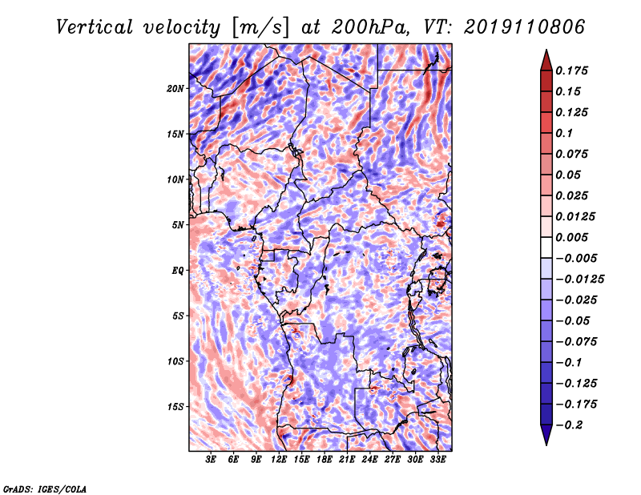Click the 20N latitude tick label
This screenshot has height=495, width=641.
click(175, 89)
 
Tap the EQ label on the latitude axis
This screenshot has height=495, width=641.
click(178, 271)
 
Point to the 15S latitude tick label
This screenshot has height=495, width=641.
click(175, 407)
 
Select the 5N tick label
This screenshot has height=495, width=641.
click(178, 225)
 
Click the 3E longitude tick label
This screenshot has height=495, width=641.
click(211, 459)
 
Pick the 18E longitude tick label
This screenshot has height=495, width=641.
click(325, 459)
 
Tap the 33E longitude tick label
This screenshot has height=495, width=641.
click(437, 459)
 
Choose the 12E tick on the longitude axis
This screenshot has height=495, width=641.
click(279, 459)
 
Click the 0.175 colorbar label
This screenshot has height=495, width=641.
click(571, 70)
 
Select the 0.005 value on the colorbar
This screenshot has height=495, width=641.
click(571, 237)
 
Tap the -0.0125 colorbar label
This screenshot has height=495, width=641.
click(579, 280)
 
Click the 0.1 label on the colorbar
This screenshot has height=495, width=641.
click(564, 133)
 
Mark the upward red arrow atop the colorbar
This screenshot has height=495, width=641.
click(546, 60)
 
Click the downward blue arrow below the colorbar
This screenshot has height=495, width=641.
click(546, 435)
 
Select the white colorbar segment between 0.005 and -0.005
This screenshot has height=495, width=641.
click(546, 247)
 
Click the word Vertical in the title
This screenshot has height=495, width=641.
click(94, 27)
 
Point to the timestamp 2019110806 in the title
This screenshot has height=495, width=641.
click(525, 27)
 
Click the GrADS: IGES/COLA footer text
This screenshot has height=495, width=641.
click(45, 489)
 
